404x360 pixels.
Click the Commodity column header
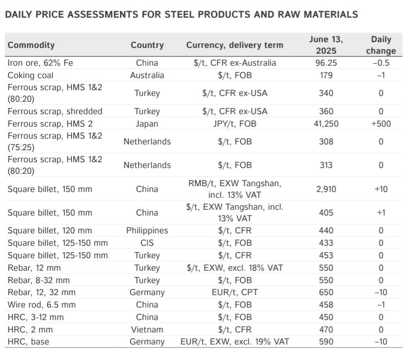point(31,45)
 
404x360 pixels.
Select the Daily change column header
point(381,45)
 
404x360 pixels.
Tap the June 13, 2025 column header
point(326,45)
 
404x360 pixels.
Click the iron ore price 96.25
point(326,63)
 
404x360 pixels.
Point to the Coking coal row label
point(30,75)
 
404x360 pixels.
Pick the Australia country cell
point(147,75)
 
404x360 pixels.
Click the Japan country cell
point(147,124)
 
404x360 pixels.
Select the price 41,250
point(326,124)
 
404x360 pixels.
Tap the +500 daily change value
point(381,124)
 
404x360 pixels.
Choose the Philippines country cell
point(147,230)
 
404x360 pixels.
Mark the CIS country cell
point(147,243)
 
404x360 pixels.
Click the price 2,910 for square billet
point(326,189)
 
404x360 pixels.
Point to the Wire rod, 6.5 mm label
point(42,304)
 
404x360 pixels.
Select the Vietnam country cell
point(147,329)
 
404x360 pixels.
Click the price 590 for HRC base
point(326,342)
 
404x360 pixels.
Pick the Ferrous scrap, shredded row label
point(55,111)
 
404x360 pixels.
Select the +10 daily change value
point(381,189)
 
